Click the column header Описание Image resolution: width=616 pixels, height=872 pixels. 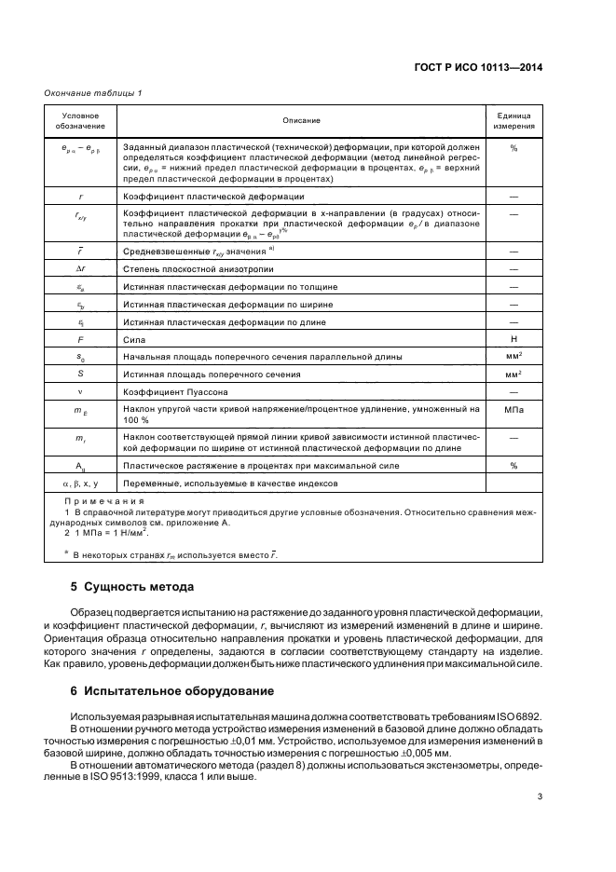pos(301,120)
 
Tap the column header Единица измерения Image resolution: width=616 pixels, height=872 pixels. pos(513,120)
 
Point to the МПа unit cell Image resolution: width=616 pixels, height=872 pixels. pos(513,409)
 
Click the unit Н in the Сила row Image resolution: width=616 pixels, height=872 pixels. pos(513,340)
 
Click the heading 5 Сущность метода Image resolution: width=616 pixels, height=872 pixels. pos(132,588)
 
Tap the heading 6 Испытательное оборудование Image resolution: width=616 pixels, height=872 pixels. pos(171,691)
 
